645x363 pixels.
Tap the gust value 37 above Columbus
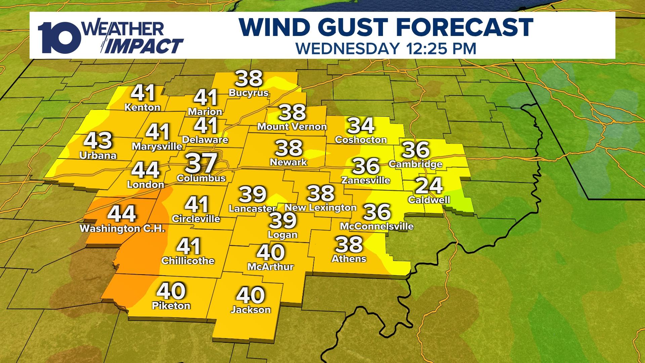click(x=201, y=163)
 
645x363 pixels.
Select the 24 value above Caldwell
click(x=429, y=186)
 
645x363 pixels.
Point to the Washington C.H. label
click(x=122, y=229)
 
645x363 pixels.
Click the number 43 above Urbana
click(x=98, y=141)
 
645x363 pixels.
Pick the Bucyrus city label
click(x=249, y=93)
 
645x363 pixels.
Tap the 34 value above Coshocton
click(x=361, y=126)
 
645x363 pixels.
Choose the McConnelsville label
click(x=377, y=226)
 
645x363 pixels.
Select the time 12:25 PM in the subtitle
click(x=439, y=48)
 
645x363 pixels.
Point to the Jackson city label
click(x=251, y=310)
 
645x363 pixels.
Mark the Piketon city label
click(x=171, y=306)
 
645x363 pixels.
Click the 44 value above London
click(x=145, y=170)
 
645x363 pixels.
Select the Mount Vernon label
click(x=292, y=127)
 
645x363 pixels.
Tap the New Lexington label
click(x=320, y=208)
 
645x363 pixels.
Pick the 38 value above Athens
click(x=349, y=244)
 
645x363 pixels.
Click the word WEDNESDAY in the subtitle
click(x=346, y=48)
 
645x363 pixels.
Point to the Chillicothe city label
click(x=188, y=261)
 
